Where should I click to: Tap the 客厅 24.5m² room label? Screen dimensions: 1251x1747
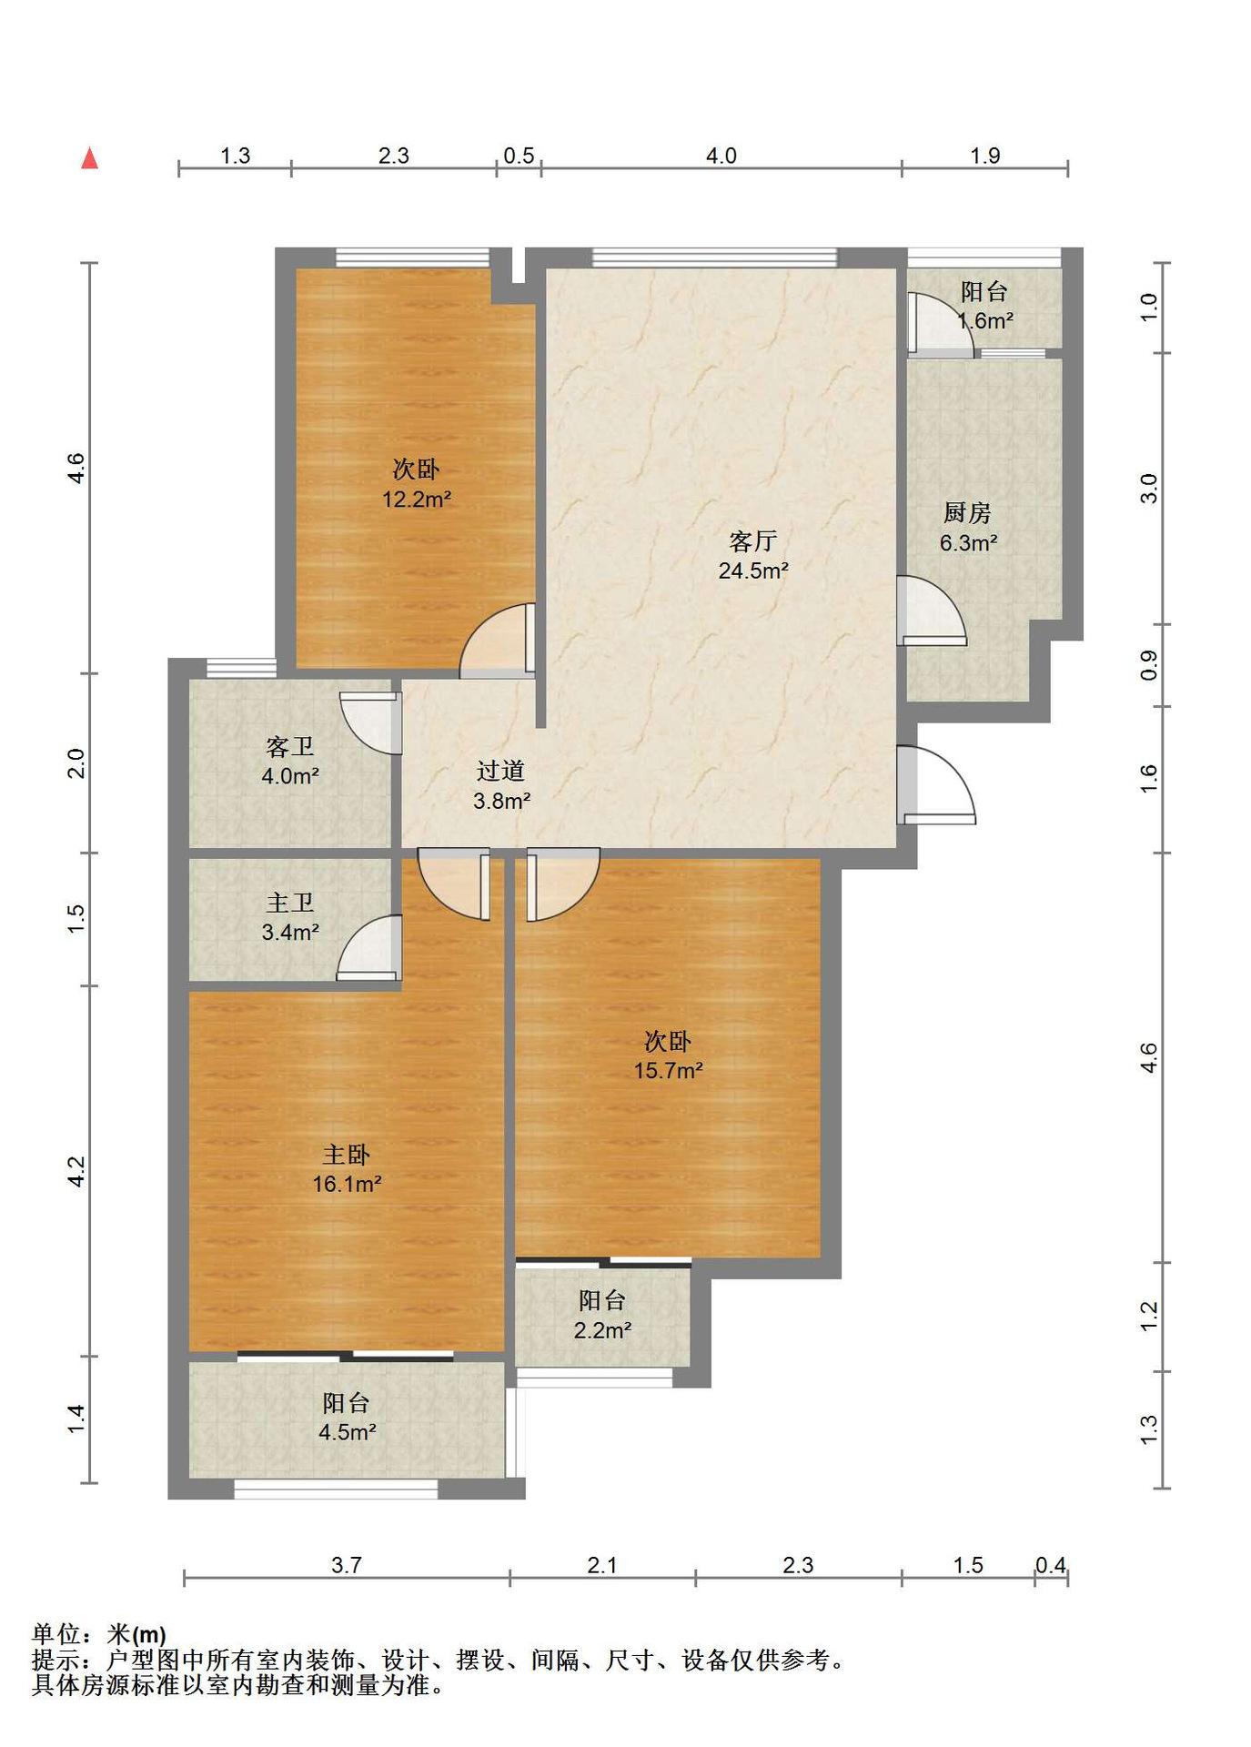753,556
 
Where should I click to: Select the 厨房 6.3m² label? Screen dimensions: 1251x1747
968,528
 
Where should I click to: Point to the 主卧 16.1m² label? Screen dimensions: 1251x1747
347,1169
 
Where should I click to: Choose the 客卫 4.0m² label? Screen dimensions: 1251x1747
290,762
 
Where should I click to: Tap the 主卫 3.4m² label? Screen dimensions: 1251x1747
290,917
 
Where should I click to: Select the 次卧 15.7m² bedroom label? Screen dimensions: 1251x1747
669,1055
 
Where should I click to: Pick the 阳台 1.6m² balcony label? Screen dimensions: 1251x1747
985,307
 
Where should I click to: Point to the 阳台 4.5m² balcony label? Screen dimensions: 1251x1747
347,1418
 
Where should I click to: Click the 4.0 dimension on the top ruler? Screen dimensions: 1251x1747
721,156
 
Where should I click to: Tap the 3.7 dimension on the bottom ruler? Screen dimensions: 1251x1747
347,1565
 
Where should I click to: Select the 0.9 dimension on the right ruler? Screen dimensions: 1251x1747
1149,665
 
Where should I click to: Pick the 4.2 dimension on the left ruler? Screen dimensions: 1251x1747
77,1171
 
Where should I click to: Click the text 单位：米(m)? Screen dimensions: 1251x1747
99,1634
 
